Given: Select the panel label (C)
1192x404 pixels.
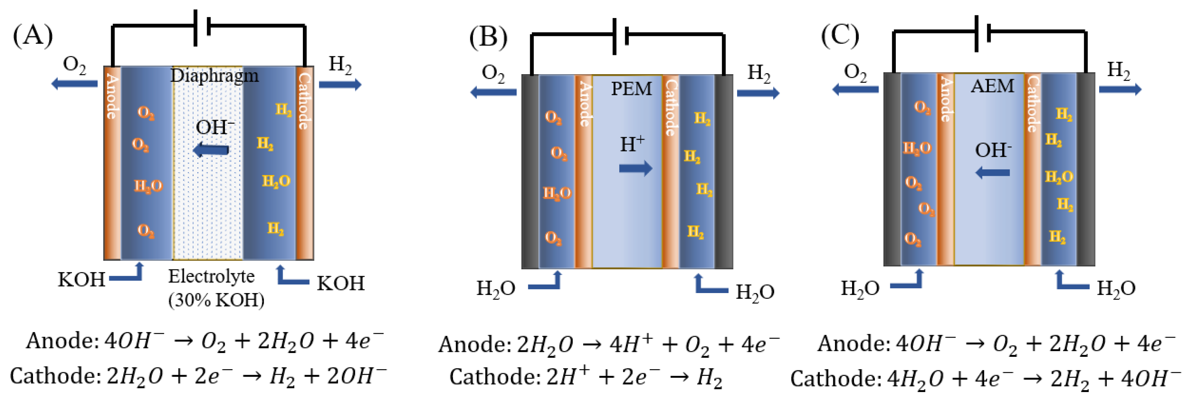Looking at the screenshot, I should [840, 35].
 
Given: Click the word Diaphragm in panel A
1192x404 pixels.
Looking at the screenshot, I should [214, 75].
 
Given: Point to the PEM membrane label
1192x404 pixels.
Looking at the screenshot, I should [631, 88].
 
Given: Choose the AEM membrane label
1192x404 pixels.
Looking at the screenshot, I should [992, 86].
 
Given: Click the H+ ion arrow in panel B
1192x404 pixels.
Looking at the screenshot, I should [635, 168].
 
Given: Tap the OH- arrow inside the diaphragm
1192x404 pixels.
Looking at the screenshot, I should [211, 150].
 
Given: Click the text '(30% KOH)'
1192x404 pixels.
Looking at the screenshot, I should [216, 300].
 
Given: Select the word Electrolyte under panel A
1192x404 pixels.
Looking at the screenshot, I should [211, 277].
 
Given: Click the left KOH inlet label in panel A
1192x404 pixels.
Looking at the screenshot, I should [81, 280].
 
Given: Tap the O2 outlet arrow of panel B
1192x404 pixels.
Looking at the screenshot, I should [493, 92].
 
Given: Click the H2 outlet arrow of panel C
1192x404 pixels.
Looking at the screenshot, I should [1120, 89].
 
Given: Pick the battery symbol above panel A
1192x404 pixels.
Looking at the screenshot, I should [202, 28].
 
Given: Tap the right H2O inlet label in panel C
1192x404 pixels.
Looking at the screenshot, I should [1116, 288].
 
